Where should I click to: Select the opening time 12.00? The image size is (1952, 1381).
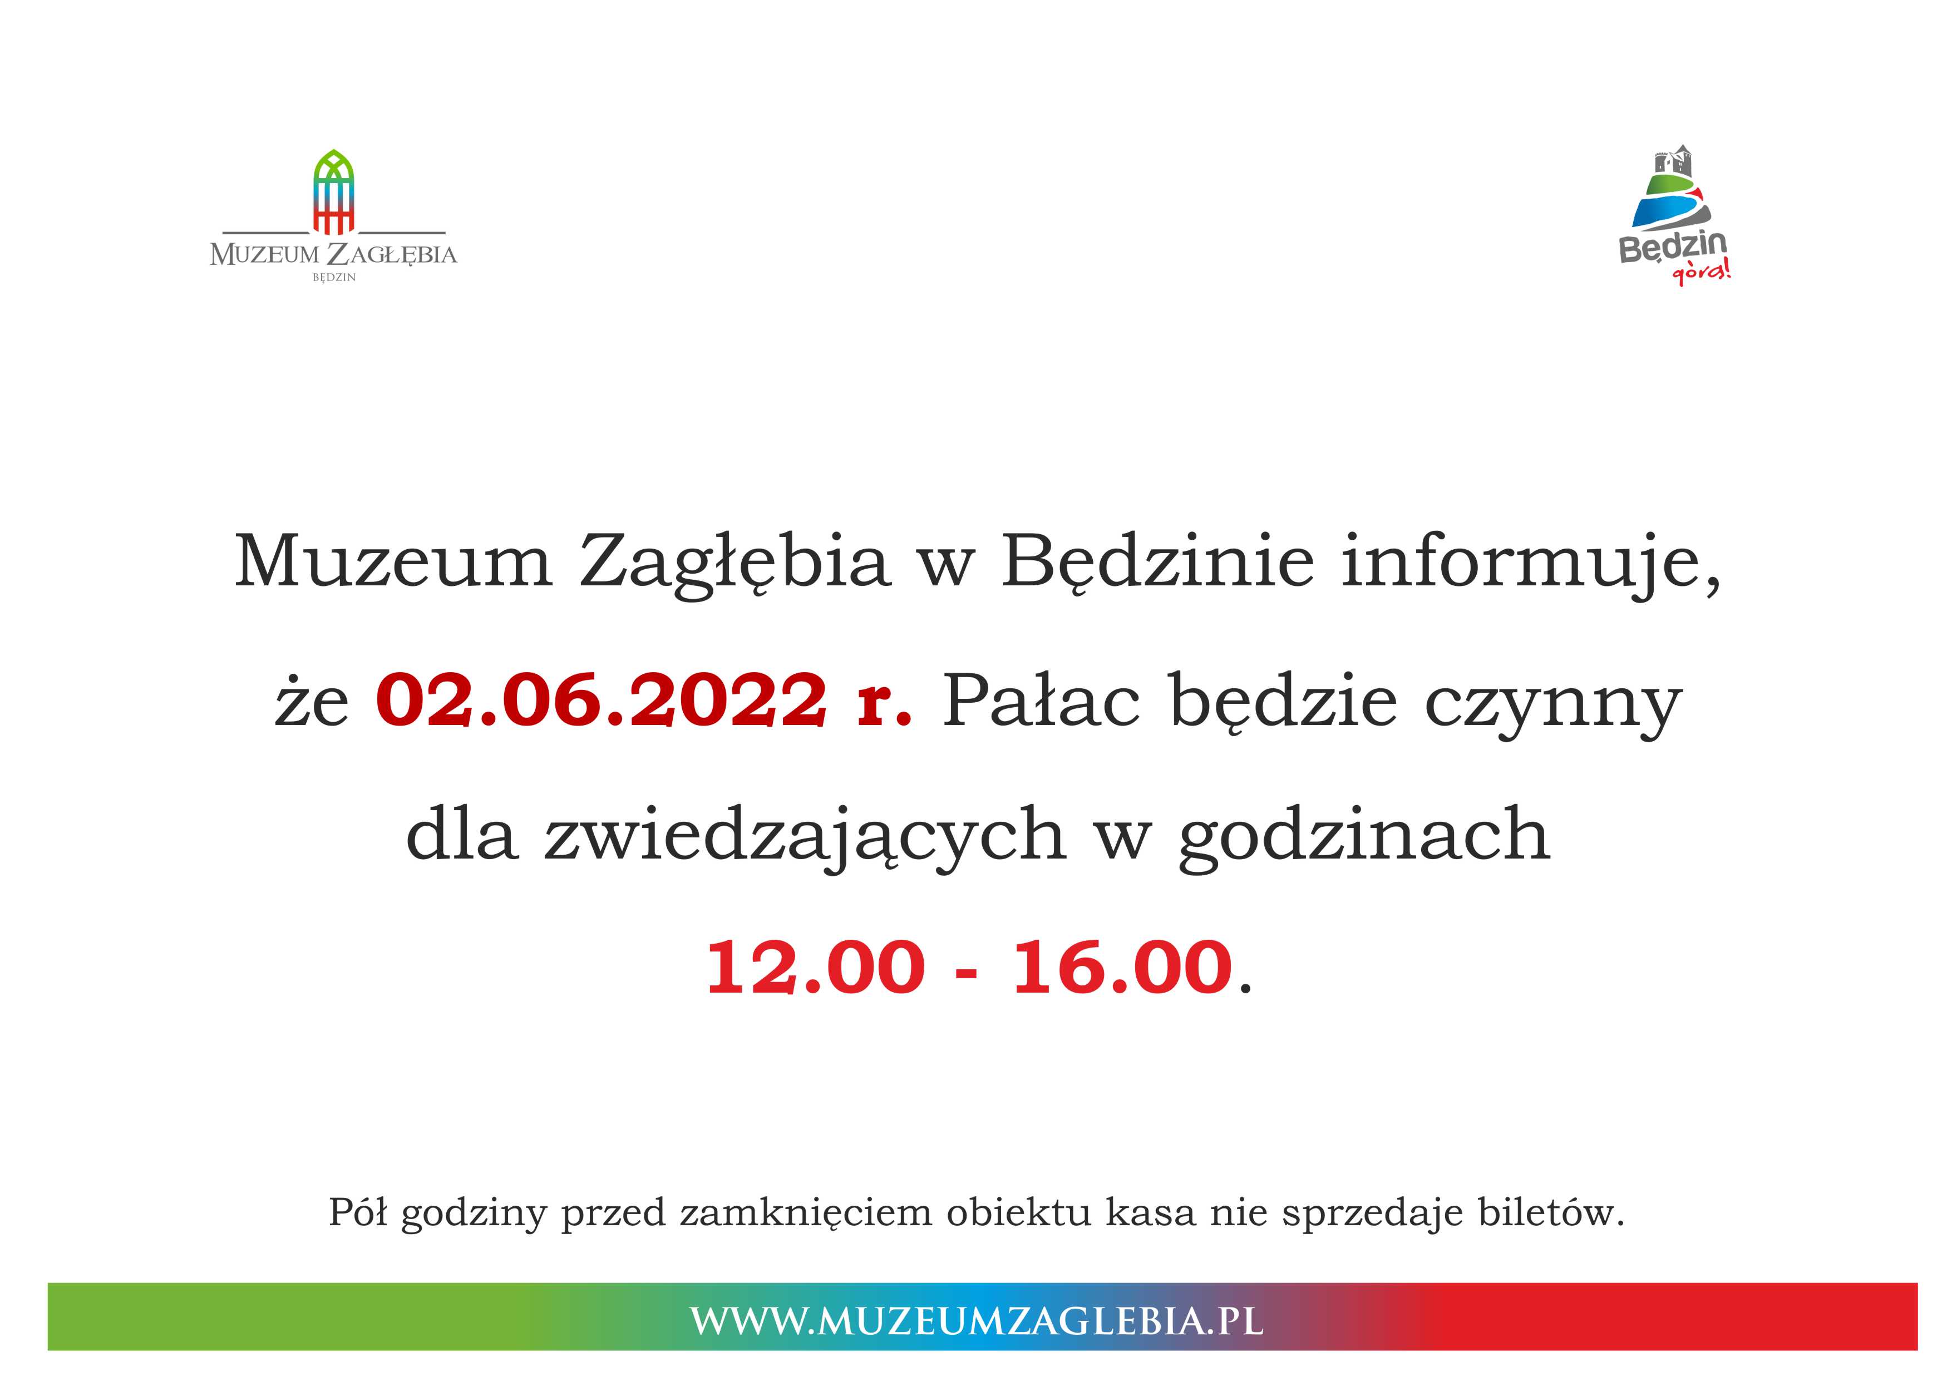(815, 967)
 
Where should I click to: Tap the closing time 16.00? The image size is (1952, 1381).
(1122, 967)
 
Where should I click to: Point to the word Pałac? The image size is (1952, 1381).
(1041, 700)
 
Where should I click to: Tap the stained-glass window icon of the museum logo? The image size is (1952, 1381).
(333, 192)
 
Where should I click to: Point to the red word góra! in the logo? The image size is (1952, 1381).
(1700, 273)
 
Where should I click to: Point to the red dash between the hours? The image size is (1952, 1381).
(966, 970)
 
